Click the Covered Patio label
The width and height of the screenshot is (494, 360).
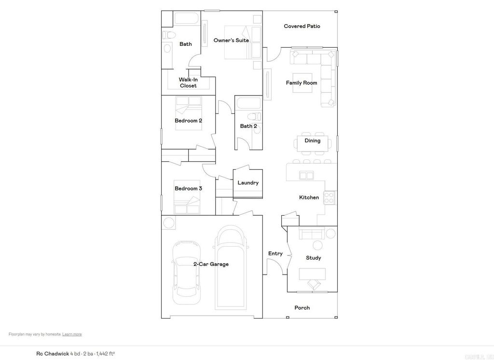302,26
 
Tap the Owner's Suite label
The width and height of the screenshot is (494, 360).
231,41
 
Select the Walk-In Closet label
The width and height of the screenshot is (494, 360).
188,83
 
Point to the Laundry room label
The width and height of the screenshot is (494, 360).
248,183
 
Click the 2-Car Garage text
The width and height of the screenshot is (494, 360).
211,264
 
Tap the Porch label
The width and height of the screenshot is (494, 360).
302,307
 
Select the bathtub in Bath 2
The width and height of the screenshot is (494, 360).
248,103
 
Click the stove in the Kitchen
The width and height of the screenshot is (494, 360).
329,197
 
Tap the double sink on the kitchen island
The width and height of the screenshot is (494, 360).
307,175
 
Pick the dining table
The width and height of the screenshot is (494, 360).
312,141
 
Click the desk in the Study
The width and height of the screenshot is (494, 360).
312,274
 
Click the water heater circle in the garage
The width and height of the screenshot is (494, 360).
169,223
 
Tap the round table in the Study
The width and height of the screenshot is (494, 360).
331,234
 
